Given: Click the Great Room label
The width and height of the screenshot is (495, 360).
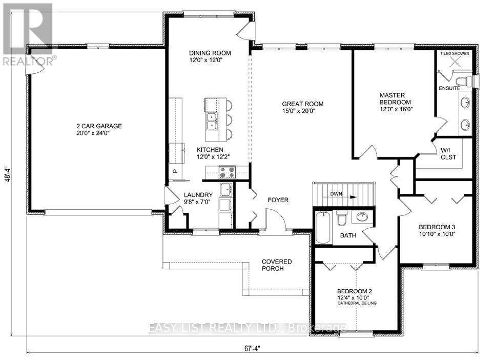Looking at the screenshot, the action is click(x=302, y=104).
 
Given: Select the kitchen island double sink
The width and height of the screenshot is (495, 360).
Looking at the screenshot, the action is click(x=212, y=122).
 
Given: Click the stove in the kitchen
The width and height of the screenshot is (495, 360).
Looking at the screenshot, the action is click(x=228, y=172).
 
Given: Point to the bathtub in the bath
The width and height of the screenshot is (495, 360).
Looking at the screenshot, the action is click(x=323, y=228).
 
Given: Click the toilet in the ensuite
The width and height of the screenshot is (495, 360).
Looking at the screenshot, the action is click(x=464, y=81).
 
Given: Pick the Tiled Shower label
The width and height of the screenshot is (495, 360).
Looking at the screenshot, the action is click(x=455, y=53).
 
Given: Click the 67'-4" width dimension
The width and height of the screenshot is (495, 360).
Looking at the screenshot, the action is click(x=253, y=349).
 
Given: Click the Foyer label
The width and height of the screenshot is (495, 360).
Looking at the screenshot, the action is click(x=278, y=200).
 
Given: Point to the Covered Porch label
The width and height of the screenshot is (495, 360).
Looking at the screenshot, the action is click(x=277, y=265).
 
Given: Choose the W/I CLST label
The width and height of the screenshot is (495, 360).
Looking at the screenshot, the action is click(x=448, y=153).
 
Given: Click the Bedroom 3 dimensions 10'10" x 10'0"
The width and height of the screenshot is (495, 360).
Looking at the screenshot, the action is click(x=437, y=234).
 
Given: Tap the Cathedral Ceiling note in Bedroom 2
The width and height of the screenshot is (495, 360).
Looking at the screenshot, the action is click(x=357, y=303).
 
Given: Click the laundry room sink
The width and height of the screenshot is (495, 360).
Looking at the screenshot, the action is click(x=226, y=190).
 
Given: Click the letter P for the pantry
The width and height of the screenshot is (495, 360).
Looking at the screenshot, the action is click(x=175, y=171).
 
